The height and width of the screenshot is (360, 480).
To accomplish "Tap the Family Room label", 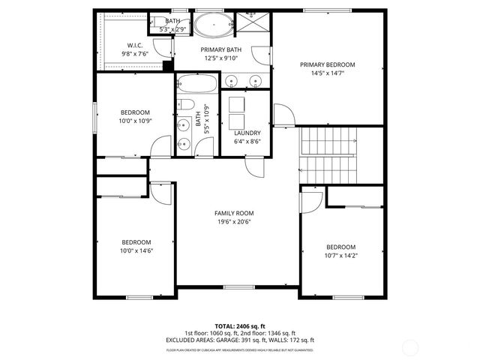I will [235, 213].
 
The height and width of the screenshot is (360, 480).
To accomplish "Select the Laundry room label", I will [247, 133].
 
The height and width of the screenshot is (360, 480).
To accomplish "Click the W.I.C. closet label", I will [136, 46].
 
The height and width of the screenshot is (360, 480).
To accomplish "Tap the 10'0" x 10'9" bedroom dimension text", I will [136, 121].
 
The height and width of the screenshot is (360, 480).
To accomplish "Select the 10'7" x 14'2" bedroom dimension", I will [340, 255].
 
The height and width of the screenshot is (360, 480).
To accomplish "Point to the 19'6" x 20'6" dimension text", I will [235, 222].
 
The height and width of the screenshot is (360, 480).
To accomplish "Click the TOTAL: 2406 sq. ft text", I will [240, 326].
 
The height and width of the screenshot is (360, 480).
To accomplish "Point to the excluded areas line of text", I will [240, 340].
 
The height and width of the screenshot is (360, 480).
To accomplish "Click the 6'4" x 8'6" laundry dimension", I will [247, 141].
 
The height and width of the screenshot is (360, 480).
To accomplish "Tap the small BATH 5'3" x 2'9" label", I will [172, 21].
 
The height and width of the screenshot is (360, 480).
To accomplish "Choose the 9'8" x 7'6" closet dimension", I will [136, 54].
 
